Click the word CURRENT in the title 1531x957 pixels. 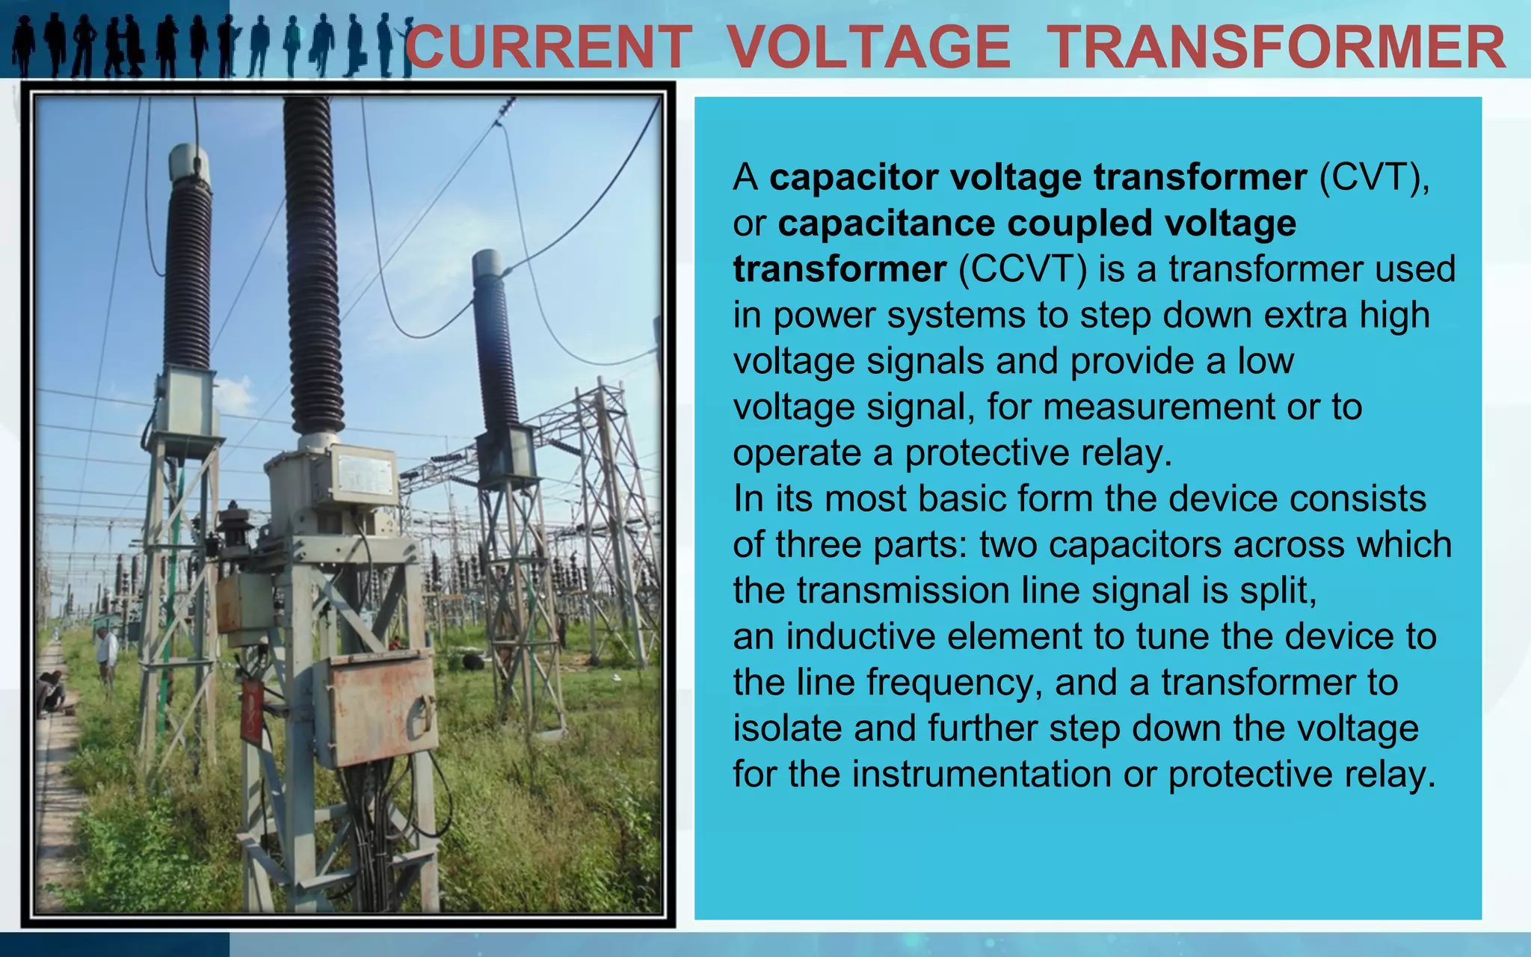[x=548, y=47]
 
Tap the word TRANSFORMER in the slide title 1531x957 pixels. [x=1275, y=47]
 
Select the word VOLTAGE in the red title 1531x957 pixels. [x=869, y=47]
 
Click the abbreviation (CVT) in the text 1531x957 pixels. [x=1374, y=178]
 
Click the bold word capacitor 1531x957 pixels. [x=851, y=178]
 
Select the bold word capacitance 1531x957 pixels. [x=885, y=224]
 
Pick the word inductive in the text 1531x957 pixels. [x=860, y=637]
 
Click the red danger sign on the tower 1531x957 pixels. [x=253, y=710]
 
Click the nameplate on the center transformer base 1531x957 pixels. [x=365, y=473]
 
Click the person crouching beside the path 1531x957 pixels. [x=51, y=692]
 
